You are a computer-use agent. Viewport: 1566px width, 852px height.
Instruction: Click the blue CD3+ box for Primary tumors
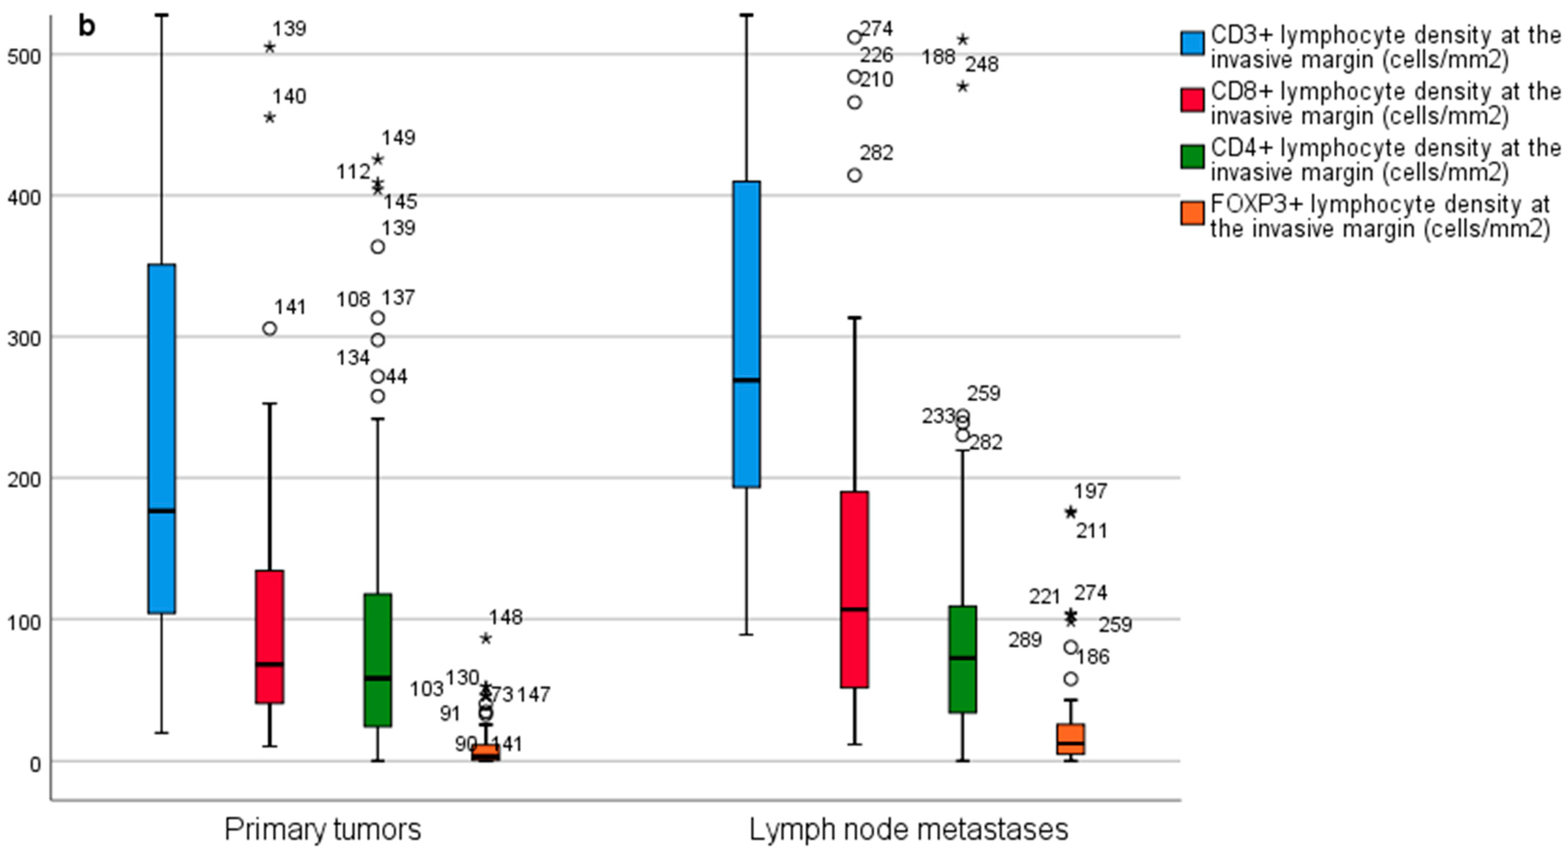click(x=162, y=438)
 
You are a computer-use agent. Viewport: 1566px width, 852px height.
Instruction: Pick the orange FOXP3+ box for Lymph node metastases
click(x=1071, y=738)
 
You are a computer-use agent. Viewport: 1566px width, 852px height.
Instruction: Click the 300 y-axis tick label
click(x=23, y=339)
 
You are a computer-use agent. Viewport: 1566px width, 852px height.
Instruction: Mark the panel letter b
click(x=87, y=26)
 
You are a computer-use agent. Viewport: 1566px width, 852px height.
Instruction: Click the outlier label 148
click(x=506, y=617)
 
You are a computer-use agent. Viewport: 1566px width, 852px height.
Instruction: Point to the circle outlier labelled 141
click(x=269, y=328)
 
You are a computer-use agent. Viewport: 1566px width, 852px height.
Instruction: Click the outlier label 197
click(x=1090, y=491)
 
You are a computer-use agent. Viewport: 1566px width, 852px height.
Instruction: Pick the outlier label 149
click(x=398, y=138)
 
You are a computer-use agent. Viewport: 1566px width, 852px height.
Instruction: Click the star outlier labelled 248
click(x=962, y=86)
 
